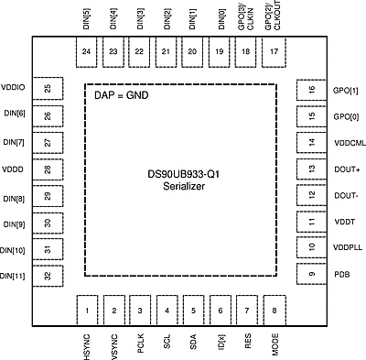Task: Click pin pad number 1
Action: tap(87, 310)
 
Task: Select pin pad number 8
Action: tap(274, 310)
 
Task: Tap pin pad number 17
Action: tap(274, 51)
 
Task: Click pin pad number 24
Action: tap(87, 51)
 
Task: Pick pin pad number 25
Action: tap(48, 88)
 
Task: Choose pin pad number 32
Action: tap(48, 275)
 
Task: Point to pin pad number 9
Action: tap(312, 274)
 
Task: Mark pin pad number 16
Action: tap(312, 90)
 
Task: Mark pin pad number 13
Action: tap(312, 169)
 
